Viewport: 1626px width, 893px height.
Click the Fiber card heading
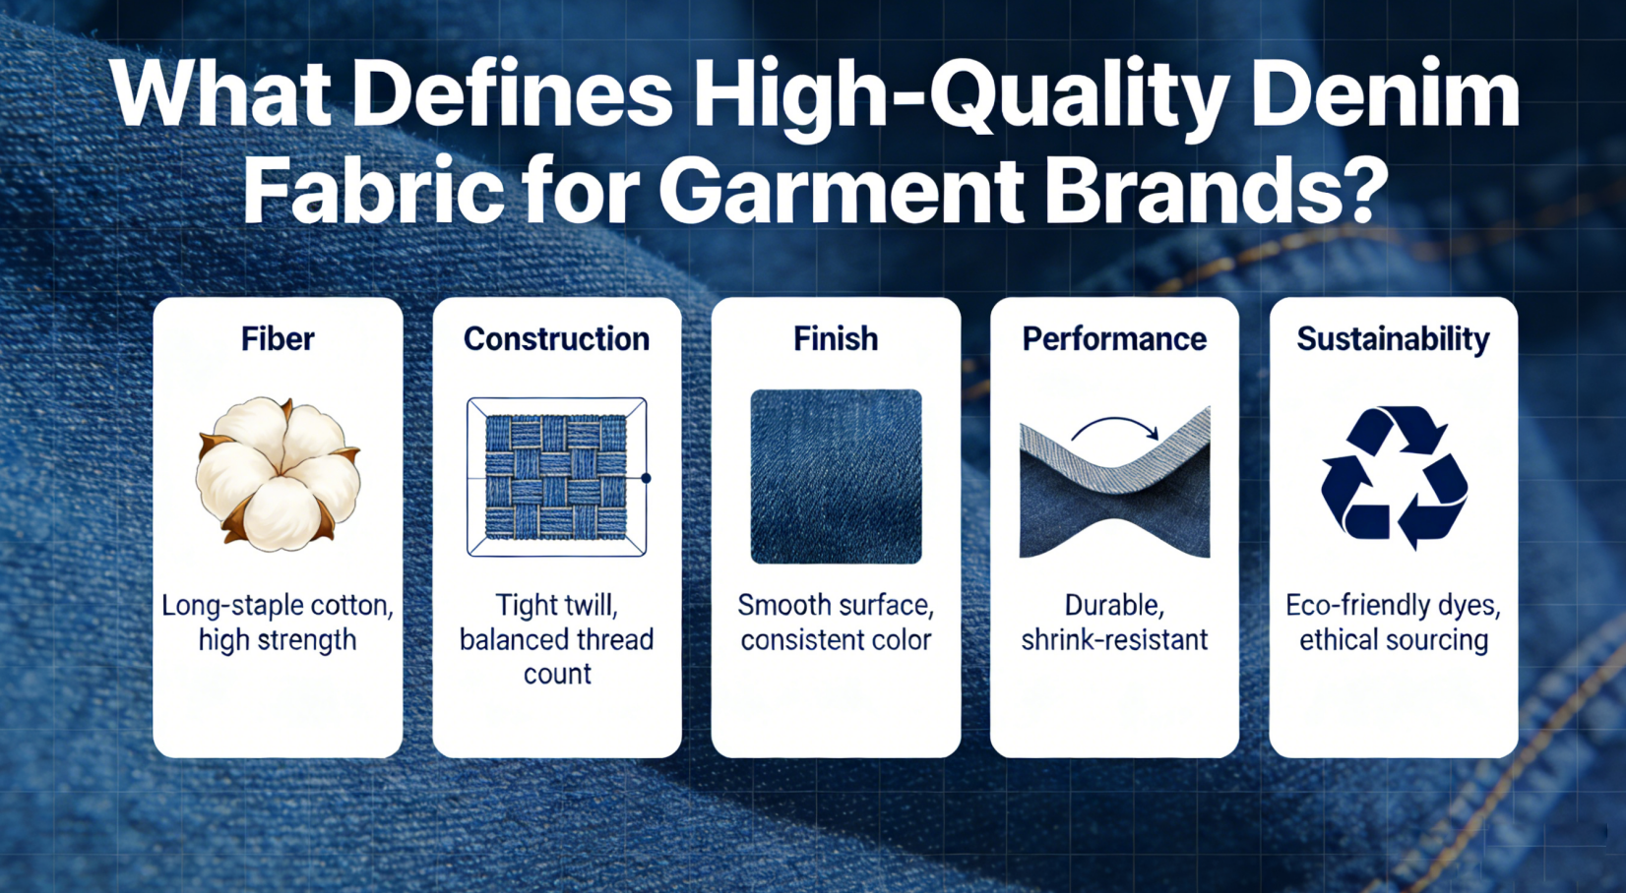coord(278,339)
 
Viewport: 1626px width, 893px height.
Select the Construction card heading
coord(556,339)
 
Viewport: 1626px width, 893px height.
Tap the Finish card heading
coord(836,339)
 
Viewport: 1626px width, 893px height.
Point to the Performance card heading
coord(1114,339)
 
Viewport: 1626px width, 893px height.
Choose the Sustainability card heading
coord(1393,339)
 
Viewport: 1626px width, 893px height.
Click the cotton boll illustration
coord(279,474)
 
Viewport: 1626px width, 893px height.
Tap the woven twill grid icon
coord(556,477)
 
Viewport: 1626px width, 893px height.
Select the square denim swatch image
coord(836,477)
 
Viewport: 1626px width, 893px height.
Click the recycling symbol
coord(1394,477)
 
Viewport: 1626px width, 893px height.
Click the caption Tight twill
coord(556,605)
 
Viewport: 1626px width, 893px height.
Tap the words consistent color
coord(836,640)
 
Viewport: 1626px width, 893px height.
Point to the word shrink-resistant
coord(1114,640)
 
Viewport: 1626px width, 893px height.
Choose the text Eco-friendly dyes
coord(1393,605)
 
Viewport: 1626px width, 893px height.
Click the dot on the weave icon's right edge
coord(646,478)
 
